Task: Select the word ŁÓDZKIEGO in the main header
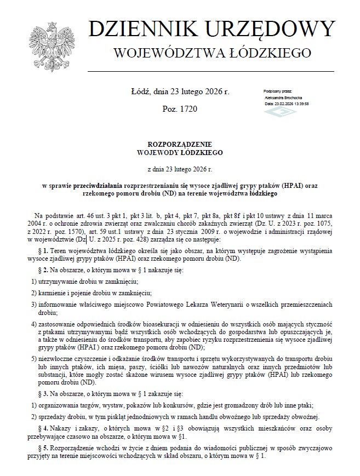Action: [270, 54]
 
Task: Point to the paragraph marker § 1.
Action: [39, 250]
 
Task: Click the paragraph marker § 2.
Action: [39, 271]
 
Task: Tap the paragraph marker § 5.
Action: [39, 448]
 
